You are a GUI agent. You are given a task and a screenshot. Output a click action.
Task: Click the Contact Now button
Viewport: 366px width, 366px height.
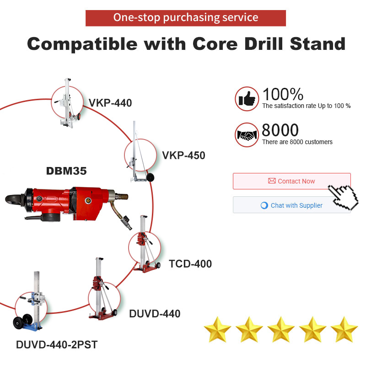tap(292, 181)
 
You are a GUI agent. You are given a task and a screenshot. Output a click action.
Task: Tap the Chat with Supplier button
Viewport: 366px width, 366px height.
tap(292, 205)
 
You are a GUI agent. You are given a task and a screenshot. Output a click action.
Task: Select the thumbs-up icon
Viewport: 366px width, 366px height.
tap(247, 99)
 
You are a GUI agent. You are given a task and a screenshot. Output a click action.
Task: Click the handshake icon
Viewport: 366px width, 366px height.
tap(247, 135)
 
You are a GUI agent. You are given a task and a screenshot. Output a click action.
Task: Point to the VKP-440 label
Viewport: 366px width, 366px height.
tap(110, 103)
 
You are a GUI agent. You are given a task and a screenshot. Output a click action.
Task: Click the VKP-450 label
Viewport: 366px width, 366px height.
tap(184, 156)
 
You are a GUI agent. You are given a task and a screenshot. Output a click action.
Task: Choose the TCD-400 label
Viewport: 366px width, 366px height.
tap(190, 264)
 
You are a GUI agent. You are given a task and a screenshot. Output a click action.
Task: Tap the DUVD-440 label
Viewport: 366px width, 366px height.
tap(155, 314)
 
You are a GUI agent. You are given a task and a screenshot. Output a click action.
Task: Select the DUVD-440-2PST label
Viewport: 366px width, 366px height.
tap(57, 345)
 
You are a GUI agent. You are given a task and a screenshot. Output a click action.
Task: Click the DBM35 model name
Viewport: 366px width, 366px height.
tap(66, 171)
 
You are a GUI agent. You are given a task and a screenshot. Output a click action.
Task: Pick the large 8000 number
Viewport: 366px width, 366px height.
tap(280, 130)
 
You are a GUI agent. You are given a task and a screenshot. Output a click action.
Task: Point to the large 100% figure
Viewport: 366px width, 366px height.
tap(283, 94)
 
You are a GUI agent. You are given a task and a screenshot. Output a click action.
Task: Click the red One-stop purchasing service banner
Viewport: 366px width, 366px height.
tap(186, 18)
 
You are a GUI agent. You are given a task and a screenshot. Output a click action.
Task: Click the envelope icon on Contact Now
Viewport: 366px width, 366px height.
tap(272, 181)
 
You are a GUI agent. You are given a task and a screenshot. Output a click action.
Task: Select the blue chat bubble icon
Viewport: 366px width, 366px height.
tap(264, 205)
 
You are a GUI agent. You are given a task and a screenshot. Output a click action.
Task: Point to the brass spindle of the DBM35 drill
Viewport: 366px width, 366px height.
tap(121, 197)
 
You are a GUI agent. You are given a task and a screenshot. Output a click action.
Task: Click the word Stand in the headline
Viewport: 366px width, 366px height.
tap(318, 43)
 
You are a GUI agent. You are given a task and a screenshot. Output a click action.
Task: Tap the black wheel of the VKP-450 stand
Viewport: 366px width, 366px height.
tap(150, 178)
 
